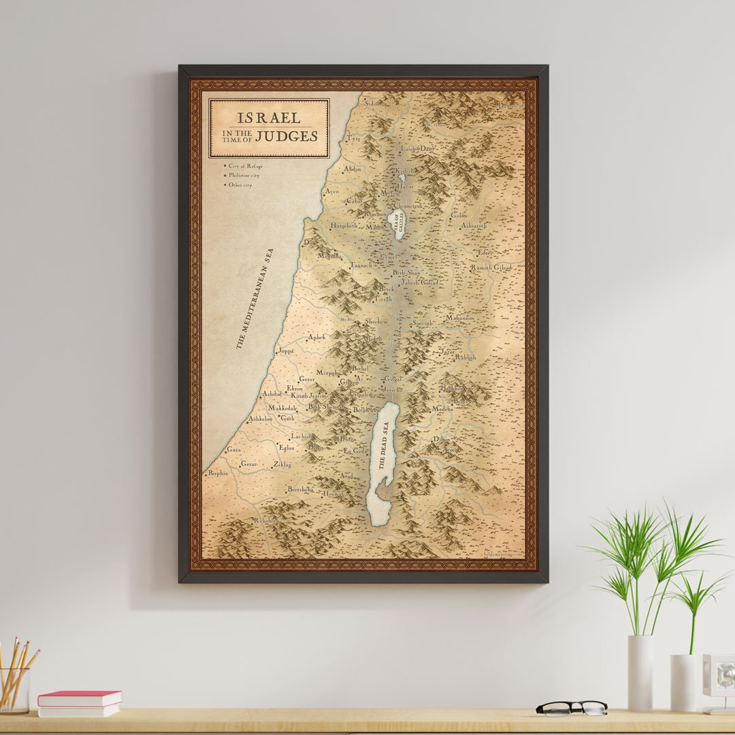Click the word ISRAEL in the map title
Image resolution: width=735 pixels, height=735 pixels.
click(x=268, y=118)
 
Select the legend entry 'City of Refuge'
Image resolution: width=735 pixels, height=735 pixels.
click(x=245, y=166)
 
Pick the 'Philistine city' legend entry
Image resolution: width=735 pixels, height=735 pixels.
click(x=244, y=176)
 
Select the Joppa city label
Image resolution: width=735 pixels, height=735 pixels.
click(x=286, y=351)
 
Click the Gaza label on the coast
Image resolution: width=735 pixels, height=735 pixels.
click(x=233, y=450)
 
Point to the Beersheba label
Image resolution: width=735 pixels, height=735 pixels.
click(x=299, y=489)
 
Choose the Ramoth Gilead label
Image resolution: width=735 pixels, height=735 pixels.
click(x=491, y=267)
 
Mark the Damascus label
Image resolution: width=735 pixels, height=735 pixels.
click(x=510, y=105)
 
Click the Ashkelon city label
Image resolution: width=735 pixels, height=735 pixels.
click(x=260, y=419)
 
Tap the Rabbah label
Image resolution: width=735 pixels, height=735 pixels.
click(x=465, y=357)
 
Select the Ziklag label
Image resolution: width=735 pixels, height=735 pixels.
click(x=282, y=465)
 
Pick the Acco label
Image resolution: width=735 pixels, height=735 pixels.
click(x=331, y=191)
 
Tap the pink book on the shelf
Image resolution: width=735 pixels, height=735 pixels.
click(x=80, y=698)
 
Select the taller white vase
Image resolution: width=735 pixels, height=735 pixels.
click(x=640, y=673)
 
